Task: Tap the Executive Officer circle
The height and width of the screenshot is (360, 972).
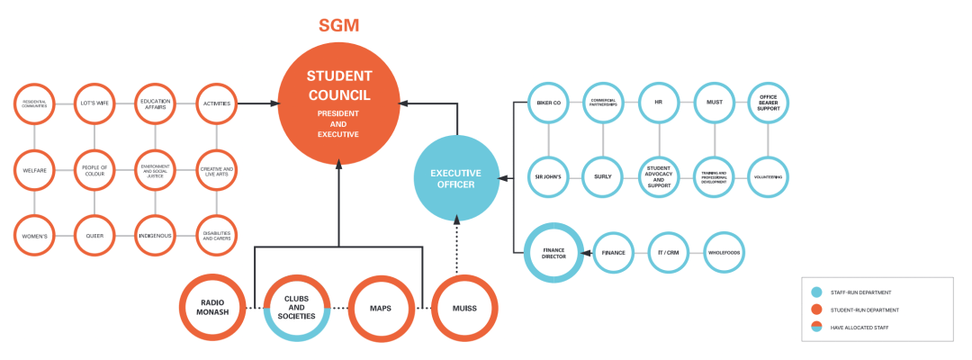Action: coord(455,178)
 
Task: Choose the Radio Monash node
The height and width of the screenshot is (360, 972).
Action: coord(213,307)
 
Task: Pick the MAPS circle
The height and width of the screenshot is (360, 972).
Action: coord(380,307)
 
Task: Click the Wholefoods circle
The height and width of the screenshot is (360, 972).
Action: coord(724,253)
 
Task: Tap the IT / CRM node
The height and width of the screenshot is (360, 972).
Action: coord(668,253)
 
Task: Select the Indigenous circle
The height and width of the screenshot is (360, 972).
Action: coord(155,235)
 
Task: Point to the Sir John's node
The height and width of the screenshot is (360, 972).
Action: coord(548,176)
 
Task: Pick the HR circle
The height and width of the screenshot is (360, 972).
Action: coord(659,103)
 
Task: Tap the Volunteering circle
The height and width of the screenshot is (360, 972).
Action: coord(769,176)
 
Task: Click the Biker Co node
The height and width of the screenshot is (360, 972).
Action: coord(548,103)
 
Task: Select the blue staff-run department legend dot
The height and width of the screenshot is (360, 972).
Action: coord(816,292)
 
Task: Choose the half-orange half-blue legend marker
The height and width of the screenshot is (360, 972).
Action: coord(816,326)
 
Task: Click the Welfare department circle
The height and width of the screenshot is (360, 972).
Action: coord(34,169)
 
